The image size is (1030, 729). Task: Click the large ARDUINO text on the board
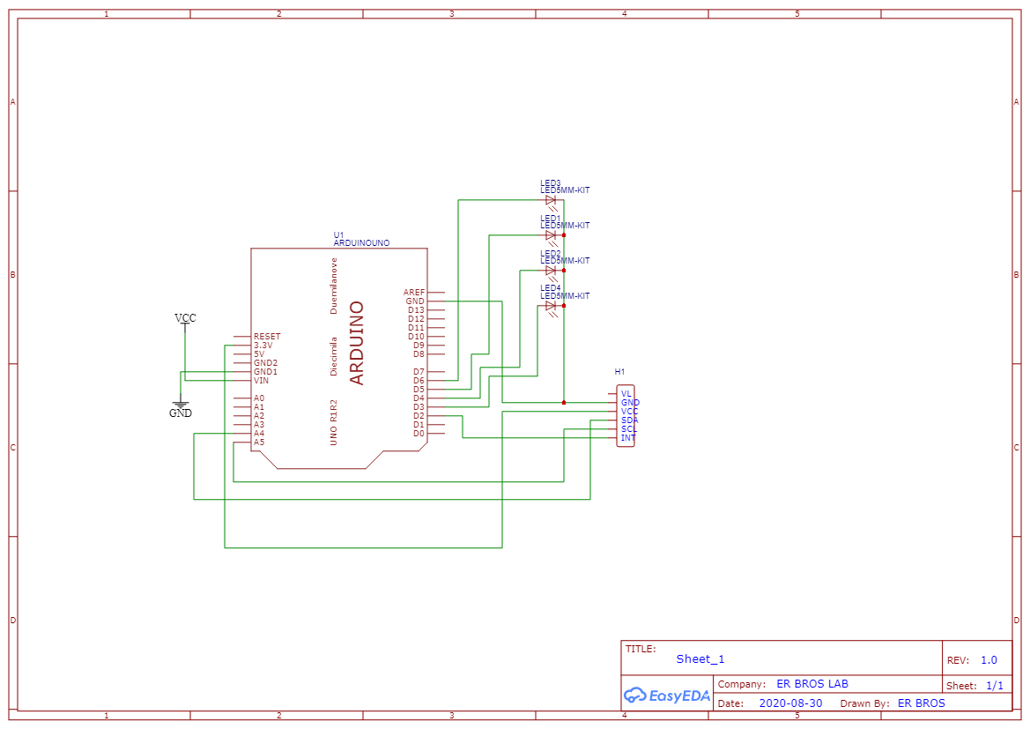[x=357, y=343]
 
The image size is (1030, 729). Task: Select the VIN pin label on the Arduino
[x=262, y=381]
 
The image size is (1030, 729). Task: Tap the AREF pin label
[x=414, y=293]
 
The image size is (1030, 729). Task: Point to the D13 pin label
[x=416, y=310]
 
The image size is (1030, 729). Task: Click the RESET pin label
[x=267, y=337]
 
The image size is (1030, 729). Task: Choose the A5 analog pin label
[x=259, y=443]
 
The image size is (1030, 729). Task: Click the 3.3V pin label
[x=263, y=346]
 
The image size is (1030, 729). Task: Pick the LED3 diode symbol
[x=551, y=201]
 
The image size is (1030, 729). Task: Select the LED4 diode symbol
[x=551, y=307]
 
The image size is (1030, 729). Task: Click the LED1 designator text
[x=551, y=218]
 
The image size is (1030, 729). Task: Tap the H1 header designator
[x=619, y=372]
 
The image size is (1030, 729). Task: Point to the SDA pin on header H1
[x=629, y=420]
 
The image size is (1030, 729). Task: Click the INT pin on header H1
[x=628, y=438]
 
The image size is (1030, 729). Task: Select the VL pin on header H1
[x=626, y=394]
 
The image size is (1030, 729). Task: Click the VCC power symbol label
[x=185, y=318]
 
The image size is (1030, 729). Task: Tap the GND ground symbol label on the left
[x=181, y=413]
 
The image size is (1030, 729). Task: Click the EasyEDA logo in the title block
[x=667, y=696]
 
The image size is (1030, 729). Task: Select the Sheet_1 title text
[x=700, y=659]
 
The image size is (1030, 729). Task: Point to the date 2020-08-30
[x=790, y=703]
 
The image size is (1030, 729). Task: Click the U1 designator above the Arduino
[x=338, y=235]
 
